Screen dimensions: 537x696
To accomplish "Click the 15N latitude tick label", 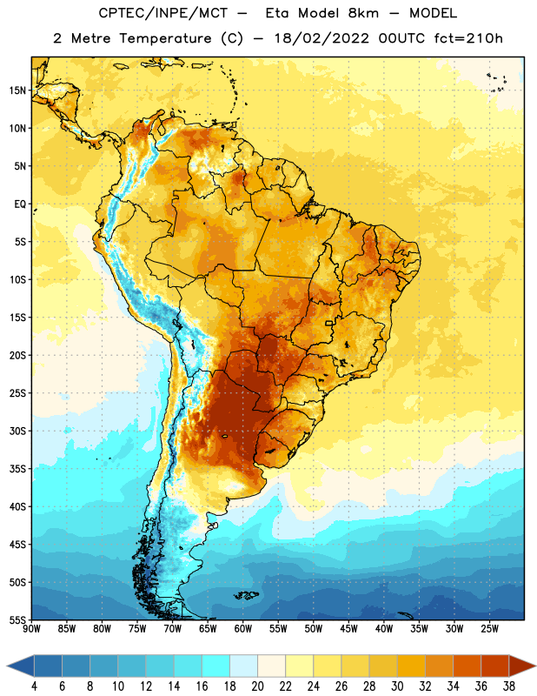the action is [17, 90].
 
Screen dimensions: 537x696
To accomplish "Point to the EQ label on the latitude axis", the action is [20, 204].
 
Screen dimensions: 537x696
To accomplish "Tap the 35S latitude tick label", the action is [17, 469].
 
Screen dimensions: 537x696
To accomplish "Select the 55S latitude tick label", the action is [17, 619].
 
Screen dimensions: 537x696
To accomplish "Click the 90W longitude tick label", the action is [31, 629].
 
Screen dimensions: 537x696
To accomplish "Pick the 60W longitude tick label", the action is [243, 629].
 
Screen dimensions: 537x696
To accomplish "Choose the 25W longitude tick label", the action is [489, 629].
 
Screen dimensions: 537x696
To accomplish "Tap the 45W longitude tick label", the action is [348, 629].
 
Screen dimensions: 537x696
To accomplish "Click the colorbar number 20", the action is [257, 686].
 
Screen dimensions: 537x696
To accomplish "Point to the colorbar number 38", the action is [508, 686].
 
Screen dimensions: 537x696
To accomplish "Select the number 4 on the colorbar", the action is [34, 686].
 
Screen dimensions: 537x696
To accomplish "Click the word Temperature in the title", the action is [165, 39].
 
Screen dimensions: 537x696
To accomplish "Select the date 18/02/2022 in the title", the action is [322, 38].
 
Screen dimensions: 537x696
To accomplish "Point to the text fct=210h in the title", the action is [468, 38].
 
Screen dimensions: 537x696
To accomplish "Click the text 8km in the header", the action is [363, 13].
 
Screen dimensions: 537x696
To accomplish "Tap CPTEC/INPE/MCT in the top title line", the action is [162, 13].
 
